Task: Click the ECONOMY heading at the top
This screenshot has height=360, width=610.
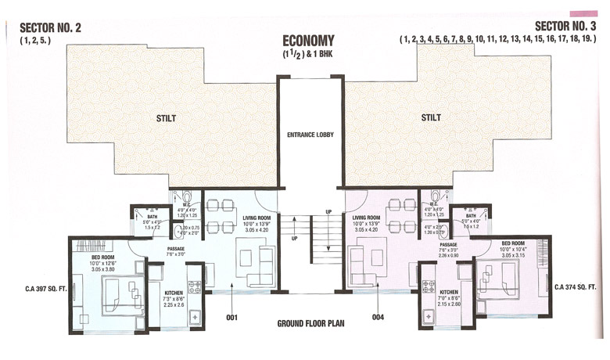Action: (x=308, y=41)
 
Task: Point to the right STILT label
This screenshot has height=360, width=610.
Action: (x=431, y=117)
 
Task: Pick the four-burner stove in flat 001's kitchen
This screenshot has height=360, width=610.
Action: (x=193, y=287)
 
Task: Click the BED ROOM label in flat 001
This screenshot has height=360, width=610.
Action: (x=103, y=256)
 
